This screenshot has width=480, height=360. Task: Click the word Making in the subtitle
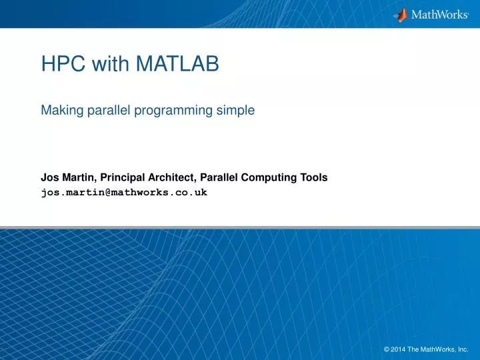tap(60, 111)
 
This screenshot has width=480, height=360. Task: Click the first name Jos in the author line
tap(49, 177)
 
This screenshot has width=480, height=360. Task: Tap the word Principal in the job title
tap(123, 177)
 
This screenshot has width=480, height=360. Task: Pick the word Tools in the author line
tap(313, 177)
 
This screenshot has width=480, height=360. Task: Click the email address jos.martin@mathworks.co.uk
tap(124, 192)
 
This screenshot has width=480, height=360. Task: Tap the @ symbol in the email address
tap(106, 192)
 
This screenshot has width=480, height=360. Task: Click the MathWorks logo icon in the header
tap(401, 14)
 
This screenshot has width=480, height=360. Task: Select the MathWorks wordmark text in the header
tap(439, 15)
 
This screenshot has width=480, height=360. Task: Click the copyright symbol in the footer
tap(387, 349)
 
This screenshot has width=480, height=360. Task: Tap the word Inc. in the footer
tap(462, 349)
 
